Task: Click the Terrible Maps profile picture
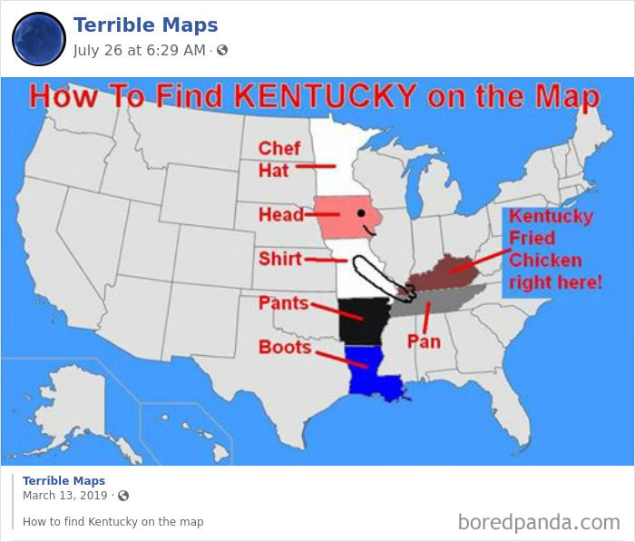[38, 38]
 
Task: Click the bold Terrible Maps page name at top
[145, 25]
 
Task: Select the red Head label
[281, 215]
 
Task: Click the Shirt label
[280, 259]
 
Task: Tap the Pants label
[284, 302]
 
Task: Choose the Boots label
[285, 347]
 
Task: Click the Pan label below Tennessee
[423, 341]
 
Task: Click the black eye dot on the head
[360, 213]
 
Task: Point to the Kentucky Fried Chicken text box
[552, 250]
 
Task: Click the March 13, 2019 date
[66, 496]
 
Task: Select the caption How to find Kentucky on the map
[112, 522]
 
